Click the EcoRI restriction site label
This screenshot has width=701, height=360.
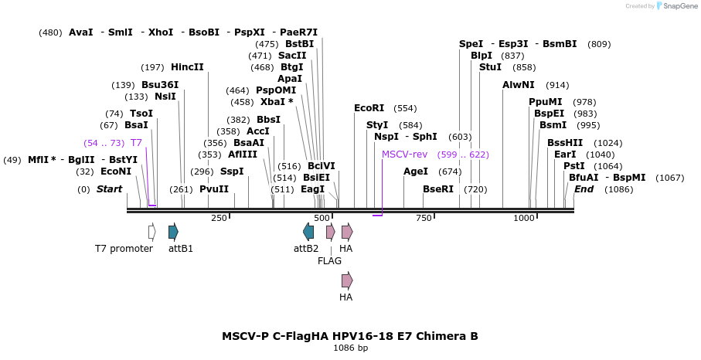click(x=369, y=108)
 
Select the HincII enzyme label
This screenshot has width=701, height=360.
click(x=187, y=67)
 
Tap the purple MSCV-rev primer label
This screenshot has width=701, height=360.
click(x=403, y=155)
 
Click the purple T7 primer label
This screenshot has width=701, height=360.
click(x=136, y=143)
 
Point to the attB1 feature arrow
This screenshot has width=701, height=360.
click(x=173, y=231)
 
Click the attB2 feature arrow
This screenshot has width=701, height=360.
click(x=308, y=231)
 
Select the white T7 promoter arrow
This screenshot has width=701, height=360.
click(x=152, y=231)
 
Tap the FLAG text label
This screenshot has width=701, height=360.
click(x=329, y=261)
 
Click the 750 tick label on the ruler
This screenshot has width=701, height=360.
click(x=424, y=219)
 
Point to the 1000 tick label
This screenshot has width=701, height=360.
click(x=524, y=219)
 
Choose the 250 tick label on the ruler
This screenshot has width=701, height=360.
click(x=219, y=219)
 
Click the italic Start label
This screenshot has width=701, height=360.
click(x=109, y=189)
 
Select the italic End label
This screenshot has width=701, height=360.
click(x=584, y=189)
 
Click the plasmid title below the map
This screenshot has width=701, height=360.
click(x=350, y=336)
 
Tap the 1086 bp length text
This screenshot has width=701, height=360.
click(x=350, y=348)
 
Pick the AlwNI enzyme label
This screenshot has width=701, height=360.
click(x=518, y=85)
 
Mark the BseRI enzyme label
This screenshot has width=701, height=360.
click(x=438, y=189)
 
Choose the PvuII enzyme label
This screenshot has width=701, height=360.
click(x=214, y=189)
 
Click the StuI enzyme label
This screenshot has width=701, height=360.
click(x=490, y=67)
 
